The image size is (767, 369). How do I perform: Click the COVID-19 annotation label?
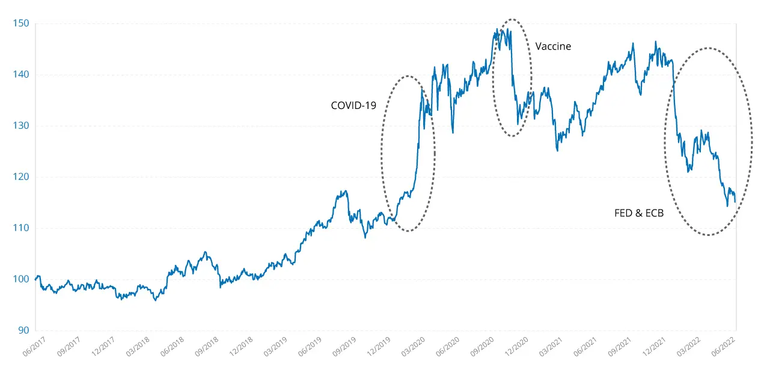tap(353, 105)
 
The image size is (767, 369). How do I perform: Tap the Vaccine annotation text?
tap(553, 46)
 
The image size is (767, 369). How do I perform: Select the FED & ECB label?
tap(639, 212)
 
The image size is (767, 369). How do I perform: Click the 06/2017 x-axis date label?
tap(34, 347)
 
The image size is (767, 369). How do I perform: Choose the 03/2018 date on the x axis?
tap(138, 347)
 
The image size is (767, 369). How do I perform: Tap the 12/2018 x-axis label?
tap(243, 347)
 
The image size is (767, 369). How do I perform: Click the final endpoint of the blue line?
tap(735, 202)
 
